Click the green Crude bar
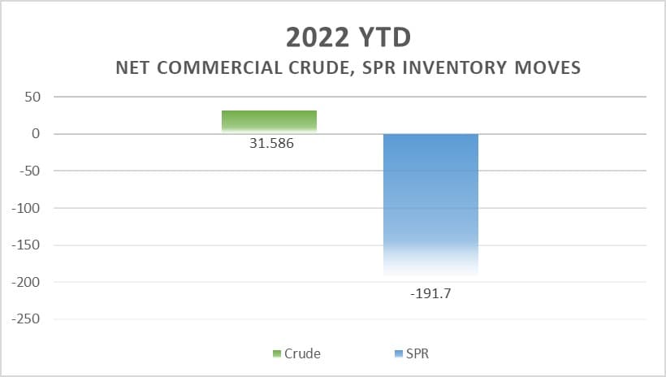tap(269, 121)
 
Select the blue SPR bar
tap(430, 203)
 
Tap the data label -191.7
tap(430, 293)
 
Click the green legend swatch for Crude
tap(277, 353)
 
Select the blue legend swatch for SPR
tap(397, 353)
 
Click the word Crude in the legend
tap(302, 353)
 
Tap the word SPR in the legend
tap(417, 353)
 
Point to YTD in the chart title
tap(382, 37)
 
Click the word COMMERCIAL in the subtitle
tap(220, 67)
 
